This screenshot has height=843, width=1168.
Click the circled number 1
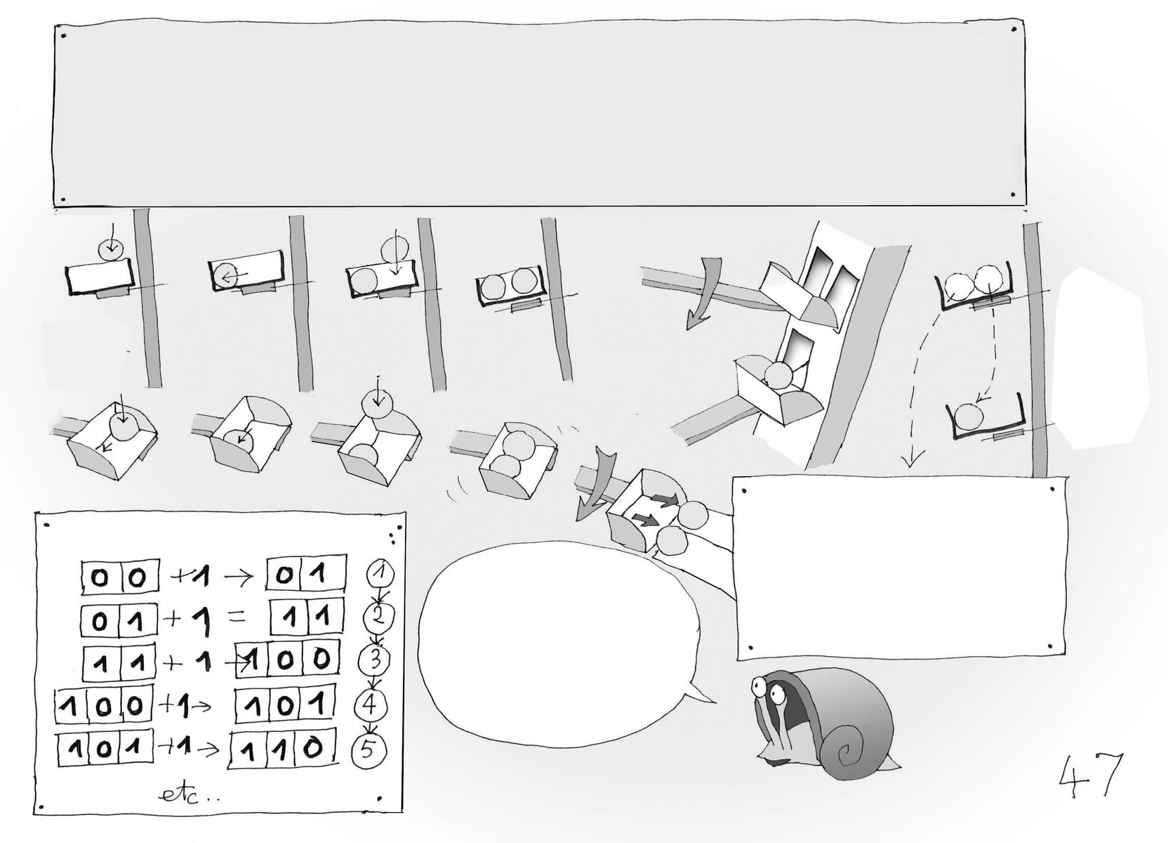click(380, 575)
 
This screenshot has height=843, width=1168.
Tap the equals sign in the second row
click(236, 619)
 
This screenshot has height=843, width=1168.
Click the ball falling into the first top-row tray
click(110, 248)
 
